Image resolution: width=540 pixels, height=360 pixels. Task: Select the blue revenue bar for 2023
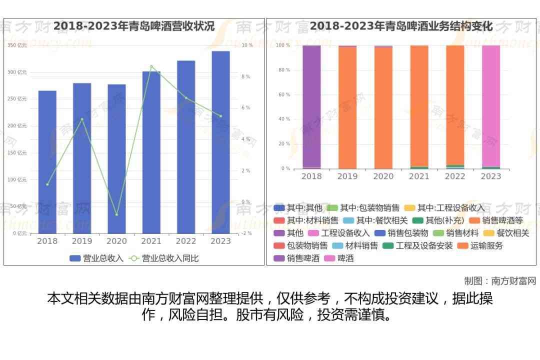pyautogui.click(x=220, y=142)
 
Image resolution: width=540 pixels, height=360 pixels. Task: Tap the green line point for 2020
pyautogui.click(x=116, y=215)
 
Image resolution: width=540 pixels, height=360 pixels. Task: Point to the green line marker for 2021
pyautogui.click(x=151, y=66)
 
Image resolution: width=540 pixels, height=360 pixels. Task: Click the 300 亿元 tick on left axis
pyautogui.click(x=17, y=72)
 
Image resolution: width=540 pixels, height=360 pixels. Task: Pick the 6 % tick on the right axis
pyautogui.click(x=245, y=108)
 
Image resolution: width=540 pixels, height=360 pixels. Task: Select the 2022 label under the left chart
pyautogui.click(x=186, y=241)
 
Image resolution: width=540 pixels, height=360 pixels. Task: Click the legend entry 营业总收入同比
pyautogui.click(x=164, y=258)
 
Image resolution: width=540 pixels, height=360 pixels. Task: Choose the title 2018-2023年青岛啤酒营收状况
pyautogui.click(x=134, y=26)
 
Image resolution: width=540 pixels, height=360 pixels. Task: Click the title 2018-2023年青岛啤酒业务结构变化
pyautogui.click(x=401, y=26)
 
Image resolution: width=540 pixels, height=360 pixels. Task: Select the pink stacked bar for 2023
pyautogui.click(x=490, y=105)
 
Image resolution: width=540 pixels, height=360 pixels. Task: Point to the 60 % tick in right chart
pyautogui.click(x=283, y=94)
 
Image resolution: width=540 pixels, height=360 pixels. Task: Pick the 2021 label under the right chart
pyautogui.click(x=419, y=176)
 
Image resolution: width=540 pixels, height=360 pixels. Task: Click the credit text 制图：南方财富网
pyautogui.click(x=500, y=281)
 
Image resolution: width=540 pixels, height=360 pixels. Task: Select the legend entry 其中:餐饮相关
pyautogui.click(x=376, y=220)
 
